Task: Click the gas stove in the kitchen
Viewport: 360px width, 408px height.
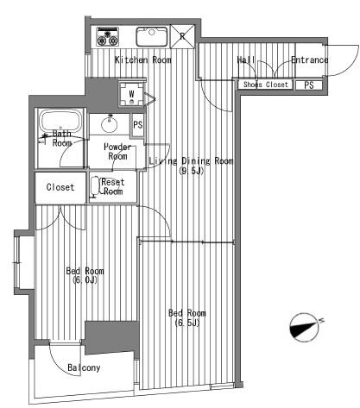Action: (x=108, y=36)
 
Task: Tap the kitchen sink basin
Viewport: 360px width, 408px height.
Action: (x=152, y=36)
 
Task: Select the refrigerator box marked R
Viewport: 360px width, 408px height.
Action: (x=182, y=36)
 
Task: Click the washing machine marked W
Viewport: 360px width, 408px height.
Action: (x=131, y=94)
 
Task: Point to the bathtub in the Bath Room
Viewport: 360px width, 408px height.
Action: (x=60, y=120)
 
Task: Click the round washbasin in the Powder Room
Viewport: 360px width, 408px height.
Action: (x=110, y=124)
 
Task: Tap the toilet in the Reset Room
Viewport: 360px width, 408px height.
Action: (x=95, y=187)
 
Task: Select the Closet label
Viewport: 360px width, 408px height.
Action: (x=60, y=187)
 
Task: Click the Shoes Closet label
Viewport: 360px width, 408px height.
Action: (x=265, y=85)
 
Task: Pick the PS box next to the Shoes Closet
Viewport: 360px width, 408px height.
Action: (x=309, y=85)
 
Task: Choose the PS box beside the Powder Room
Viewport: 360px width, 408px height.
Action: (x=138, y=124)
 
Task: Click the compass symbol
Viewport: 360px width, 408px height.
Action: (x=305, y=327)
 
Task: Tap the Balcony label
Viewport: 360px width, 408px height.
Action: (x=84, y=367)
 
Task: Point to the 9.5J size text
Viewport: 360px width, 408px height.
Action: (x=192, y=171)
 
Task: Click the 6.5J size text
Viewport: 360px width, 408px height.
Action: (x=187, y=323)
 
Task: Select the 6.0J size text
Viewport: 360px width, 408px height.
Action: (x=85, y=280)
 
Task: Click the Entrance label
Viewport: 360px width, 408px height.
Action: (x=310, y=60)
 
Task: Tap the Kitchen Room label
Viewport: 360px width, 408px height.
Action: (x=143, y=60)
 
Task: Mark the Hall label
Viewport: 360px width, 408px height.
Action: (x=246, y=60)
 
